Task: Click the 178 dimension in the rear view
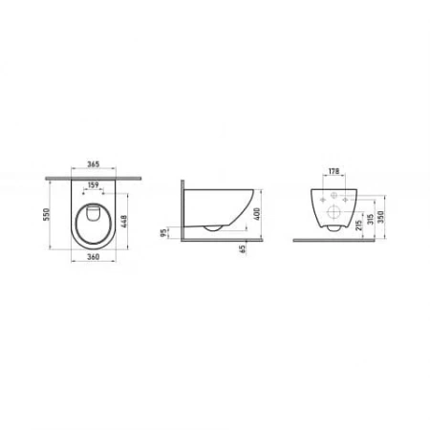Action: tap(333, 173)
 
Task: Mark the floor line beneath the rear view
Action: tap(344, 242)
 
